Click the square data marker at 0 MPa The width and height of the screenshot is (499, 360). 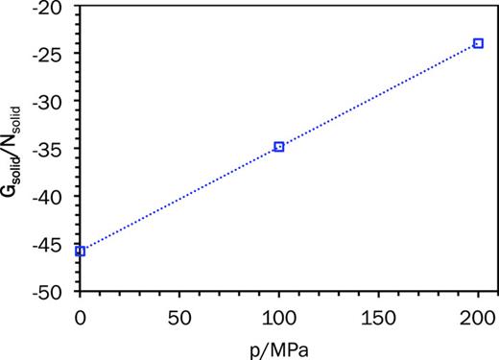80,252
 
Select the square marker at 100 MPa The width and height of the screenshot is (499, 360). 279,147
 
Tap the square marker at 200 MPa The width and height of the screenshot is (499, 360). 478,43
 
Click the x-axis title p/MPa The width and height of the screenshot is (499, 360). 279,346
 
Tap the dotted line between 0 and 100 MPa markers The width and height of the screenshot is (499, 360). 179,200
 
